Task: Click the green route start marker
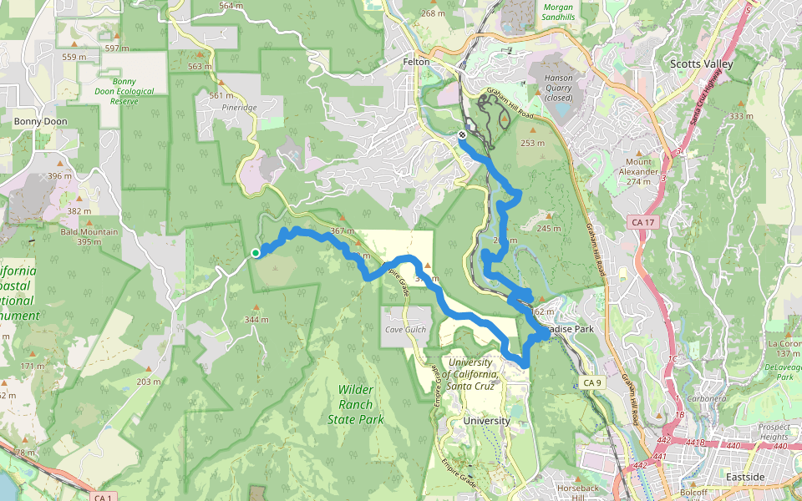pyautogui.click(x=255, y=252)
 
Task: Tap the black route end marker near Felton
pyautogui.click(x=462, y=134)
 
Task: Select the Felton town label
pyautogui.click(x=415, y=63)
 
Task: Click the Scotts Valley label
pyautogui.click(x=701, y=64)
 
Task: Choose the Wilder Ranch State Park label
pyautogui.click(x=356, y=404)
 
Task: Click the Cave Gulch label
pyautogui.click(x=405, y=330)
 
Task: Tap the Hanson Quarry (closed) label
pyautogui.click(x=559, y=87)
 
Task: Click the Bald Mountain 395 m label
pyautogui.click(x=89, y=236)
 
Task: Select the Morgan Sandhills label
pyautogui.click(x=558, y=12)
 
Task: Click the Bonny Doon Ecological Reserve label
pyautogui.click(x=124, y=91)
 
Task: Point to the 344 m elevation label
pyautogui.click(x=256, y=320)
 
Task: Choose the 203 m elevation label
pyautogui.click(x=148, y=382)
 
